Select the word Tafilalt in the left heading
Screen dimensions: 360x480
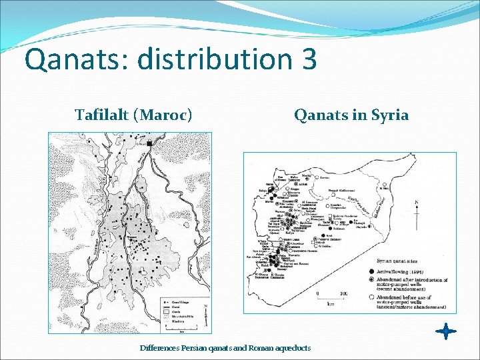(x=102, y=115)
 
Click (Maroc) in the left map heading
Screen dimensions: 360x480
(x=163, y=115)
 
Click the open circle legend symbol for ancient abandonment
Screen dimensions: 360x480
(x=371, y=297)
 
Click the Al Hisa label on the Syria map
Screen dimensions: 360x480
(x=385, y=189)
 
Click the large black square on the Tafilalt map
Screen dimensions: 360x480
(x=151, y=143)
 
